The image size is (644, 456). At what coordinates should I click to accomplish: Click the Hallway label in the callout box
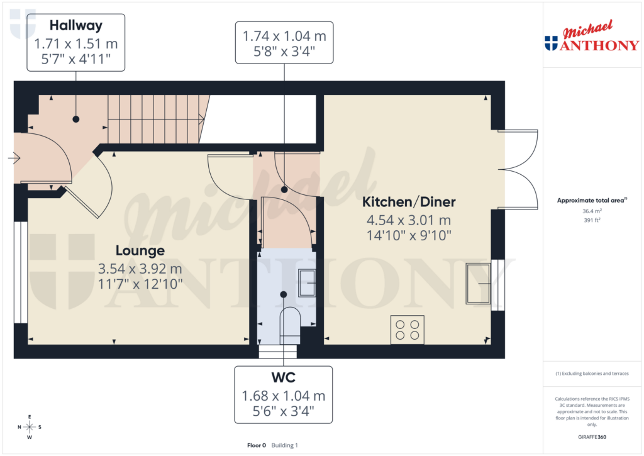click(x=76, y=26)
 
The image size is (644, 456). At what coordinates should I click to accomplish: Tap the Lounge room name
click(x=140, y=250)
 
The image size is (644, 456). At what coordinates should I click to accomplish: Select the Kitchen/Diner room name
click(x=409, y=202)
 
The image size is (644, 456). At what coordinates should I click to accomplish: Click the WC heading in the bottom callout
click(x=284, y=378)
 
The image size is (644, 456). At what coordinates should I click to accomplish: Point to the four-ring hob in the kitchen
click(x=407, y=329)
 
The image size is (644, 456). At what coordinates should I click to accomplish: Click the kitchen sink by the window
click(x=477, y=284)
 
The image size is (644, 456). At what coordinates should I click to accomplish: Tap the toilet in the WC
click(x=289, y=321)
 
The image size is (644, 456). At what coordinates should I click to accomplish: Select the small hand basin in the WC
click(x=307, y=281)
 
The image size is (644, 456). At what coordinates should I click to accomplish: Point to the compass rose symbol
click(x=30, y=427)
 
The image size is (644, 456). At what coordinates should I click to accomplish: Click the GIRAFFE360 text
click(x=592, y=437)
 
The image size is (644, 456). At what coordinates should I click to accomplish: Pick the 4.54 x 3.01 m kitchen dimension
click(x=409, y=220)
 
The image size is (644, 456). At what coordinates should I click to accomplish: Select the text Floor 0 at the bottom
click(x=257, y=445)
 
